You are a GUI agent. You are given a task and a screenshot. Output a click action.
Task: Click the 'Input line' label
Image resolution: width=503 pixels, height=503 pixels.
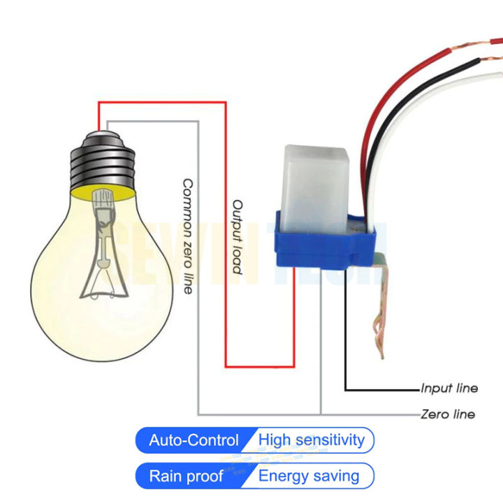[x=449, y=388]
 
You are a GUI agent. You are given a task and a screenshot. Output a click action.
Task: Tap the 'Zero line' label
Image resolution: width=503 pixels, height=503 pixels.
[x=448, y=414]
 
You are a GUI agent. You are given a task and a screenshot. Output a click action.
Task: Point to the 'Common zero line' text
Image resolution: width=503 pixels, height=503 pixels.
[x=187, y=236]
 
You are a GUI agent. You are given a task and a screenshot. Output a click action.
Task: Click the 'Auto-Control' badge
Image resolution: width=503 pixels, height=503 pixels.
[x=194, y=441]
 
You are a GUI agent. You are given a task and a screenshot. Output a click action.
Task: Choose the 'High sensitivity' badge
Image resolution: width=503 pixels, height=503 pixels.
[x=312, y=440]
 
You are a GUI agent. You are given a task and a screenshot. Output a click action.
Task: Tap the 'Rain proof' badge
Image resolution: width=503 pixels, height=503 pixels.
[x=186, y=476]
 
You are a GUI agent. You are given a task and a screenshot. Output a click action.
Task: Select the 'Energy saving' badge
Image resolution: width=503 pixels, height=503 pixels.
[x=309, y=476]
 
